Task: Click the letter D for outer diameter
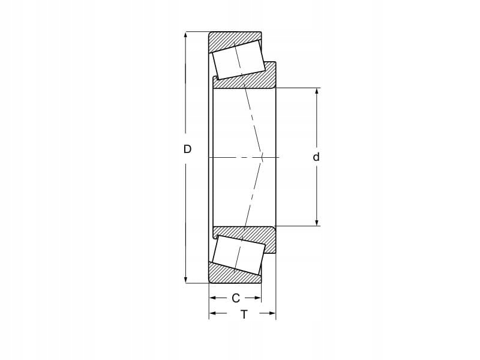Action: pyautogui.click(x=187, y=149)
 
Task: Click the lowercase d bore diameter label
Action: pyautogui.click(x=316, y=157)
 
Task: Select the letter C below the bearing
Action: pyautogui.click(x=235, y=298)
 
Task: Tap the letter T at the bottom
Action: pyautogui.click(x=244, y=314)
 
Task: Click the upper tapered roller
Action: pyautogui.click(x=238, y=60)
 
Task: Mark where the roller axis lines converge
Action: pyautogui.click(x=263, y=157)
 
